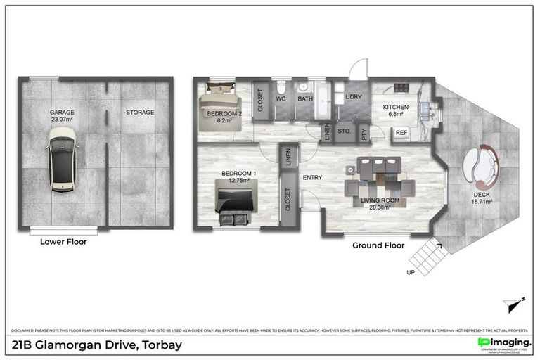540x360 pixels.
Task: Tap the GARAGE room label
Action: coord(62,112)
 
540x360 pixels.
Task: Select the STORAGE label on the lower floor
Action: coord(140,112)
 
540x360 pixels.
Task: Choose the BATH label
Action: coord(304,98)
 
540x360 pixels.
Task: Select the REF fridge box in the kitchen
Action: coord(401,132)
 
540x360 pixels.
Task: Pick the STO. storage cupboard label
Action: coord(344,131)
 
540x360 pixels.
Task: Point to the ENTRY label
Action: coord(312,177)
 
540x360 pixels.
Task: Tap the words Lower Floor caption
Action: coord(64,241)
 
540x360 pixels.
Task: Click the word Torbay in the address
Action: coord(162,345)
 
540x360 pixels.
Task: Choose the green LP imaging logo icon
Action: coord(484,342)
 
